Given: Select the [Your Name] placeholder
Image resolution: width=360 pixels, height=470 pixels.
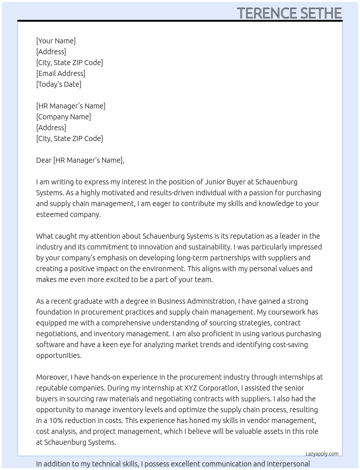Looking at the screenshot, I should point(56,41).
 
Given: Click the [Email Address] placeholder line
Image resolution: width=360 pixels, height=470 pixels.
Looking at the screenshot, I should point(61,73).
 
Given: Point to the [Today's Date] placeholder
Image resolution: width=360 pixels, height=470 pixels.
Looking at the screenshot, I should point(59,84).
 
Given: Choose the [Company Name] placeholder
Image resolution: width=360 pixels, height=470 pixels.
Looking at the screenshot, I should point(64,117).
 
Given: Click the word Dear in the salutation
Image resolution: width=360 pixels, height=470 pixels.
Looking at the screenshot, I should point(44,160).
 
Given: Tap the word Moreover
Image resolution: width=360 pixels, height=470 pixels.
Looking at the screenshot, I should point(52,377).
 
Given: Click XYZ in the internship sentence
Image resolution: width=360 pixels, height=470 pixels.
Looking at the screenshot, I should point(192,388).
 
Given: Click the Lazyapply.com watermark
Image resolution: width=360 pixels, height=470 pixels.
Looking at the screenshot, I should point(322,454).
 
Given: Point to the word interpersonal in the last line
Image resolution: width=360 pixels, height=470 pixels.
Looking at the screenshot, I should point(288,464).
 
